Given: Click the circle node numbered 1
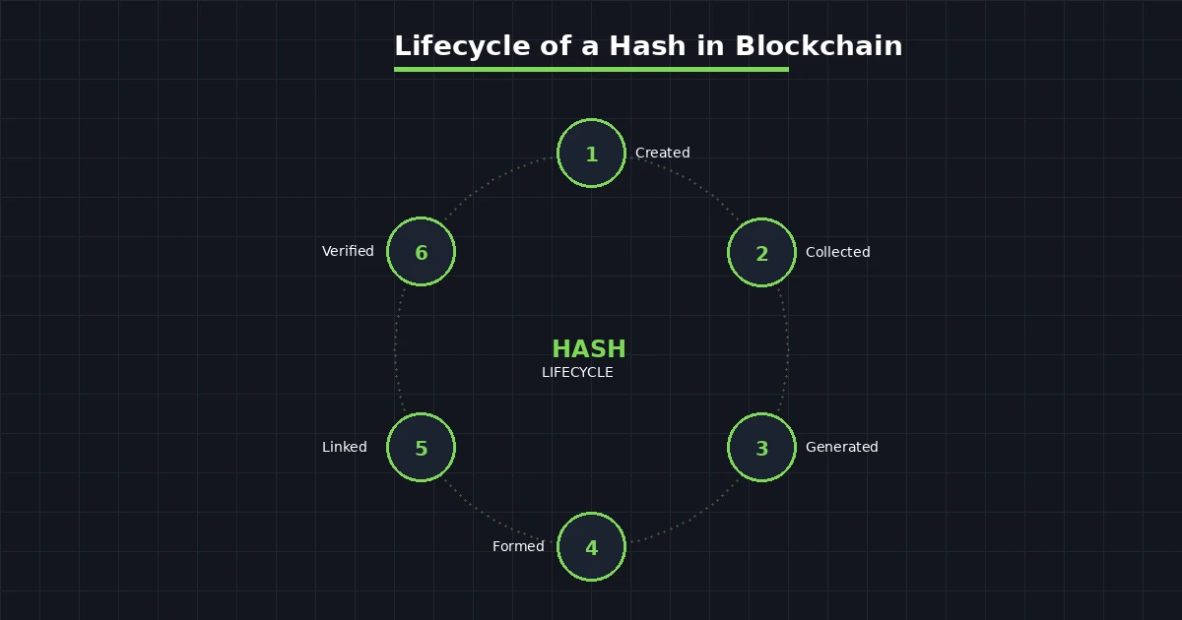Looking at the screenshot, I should (x=591, y=154).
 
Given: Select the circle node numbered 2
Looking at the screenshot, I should (x=761, y=253).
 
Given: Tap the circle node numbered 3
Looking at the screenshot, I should (x=761, y=448).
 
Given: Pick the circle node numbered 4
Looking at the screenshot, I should (x=591, y=547).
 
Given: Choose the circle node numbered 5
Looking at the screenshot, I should (x=421, y=448).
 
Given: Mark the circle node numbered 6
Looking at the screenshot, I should (x=421, y=252).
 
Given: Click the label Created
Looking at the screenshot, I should (x=662, y=153).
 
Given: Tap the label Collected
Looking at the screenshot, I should (x=837, y=252).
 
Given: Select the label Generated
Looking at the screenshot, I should (x=841, y=447).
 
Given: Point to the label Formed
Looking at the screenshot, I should (x=518, y=546).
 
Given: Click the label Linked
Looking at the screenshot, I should (x=344, y=447).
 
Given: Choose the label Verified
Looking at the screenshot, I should (x=348, y=251).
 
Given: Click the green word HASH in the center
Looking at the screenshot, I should (x=588, y=349).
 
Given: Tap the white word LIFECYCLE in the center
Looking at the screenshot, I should (x=577, y=372).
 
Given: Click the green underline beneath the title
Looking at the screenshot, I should (x=591, y=69).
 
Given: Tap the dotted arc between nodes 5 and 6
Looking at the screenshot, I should (x=395, y=349).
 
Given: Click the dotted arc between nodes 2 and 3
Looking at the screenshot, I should (x=788, y=349).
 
